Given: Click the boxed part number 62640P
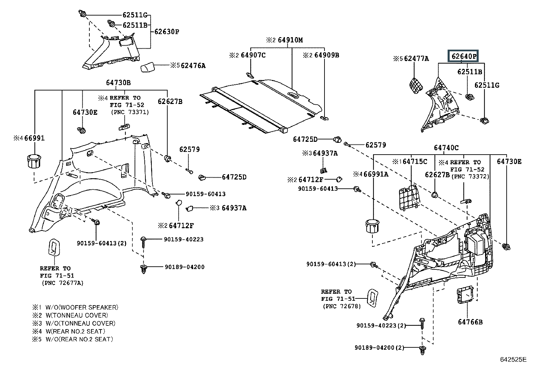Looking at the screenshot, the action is pos(463,56).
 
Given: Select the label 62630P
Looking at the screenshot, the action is pos(167,32).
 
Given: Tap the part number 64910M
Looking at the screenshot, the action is pos(290,40).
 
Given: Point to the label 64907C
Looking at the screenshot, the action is pos(253,55).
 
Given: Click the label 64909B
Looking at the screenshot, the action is pos(327,55).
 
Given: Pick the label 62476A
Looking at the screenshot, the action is pos(193,65).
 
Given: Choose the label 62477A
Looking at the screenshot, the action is pos(417,58).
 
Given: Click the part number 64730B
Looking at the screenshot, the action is pos(118,83).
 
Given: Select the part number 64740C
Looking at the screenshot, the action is pos(446,148).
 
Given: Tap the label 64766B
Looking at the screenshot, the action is pos(470,322).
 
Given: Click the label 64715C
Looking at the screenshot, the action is pos(415,162).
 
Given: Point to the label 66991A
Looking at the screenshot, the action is pos(376,174).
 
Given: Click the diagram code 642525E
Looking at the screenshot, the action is pos(513,360).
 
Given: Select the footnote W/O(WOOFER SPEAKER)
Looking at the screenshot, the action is pos(82,308).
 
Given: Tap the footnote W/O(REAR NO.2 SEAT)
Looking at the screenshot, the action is pos(79,339).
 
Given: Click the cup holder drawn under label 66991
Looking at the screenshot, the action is pos(34,161).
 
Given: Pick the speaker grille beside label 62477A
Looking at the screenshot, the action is pos(416,85).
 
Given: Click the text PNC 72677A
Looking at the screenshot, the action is pos(63,283).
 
